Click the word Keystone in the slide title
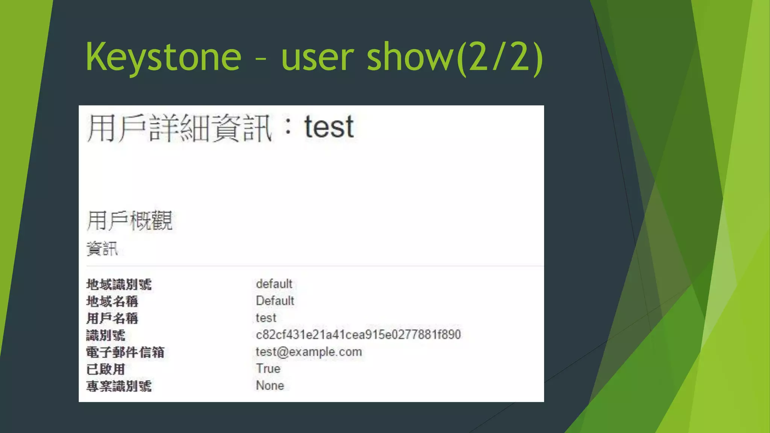pos(164,58)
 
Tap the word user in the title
pos(317,58)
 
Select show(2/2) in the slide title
pos(455,58)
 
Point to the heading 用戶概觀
pos(130,221)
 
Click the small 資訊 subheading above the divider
pos(102,249)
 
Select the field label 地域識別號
pos(119,285)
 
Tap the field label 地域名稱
pos(112,301)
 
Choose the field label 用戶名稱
pos(112,318)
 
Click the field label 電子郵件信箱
pos(125,352)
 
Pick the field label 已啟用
pos(106,369)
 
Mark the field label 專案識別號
pos(119,386)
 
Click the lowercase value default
pos(274,284)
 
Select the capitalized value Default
pos(275,301)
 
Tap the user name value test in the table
pos(266,318)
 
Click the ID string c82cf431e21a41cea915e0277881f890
pos(358,335)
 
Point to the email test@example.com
pos(309,352)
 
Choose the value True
pos(268,368)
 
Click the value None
pos(270,385)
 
